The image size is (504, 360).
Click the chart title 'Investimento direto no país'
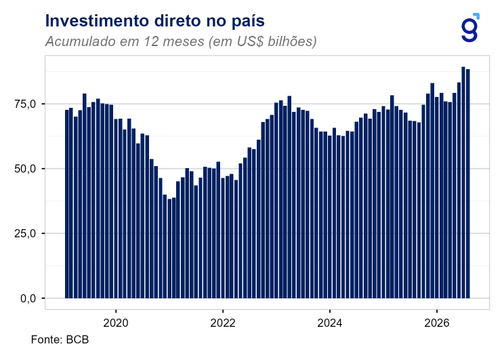coord(154,21)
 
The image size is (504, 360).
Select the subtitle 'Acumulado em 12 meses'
coord(125,41)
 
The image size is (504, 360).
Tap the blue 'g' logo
coord(470,28)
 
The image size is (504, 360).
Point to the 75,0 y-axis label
coord(25,104)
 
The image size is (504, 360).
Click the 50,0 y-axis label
coord(25,169)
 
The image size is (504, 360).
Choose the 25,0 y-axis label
coord(25,234)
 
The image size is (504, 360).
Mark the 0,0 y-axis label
coord(28,298)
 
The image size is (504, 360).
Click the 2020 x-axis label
coord(116,323)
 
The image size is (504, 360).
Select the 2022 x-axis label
coord(223,323)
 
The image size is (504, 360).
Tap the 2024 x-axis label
coord(330,323)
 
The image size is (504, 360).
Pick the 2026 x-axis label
coord(436,323)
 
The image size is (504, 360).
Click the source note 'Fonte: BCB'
coord(60,340)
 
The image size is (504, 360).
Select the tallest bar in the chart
coord(463,182)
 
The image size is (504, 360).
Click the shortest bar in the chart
coord(169,248)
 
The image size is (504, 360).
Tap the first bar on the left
coord(67,204)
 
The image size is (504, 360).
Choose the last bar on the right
coord(467,184)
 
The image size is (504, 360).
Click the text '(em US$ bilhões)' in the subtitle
coord(263,42)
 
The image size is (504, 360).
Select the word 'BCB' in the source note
coord(77,340)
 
